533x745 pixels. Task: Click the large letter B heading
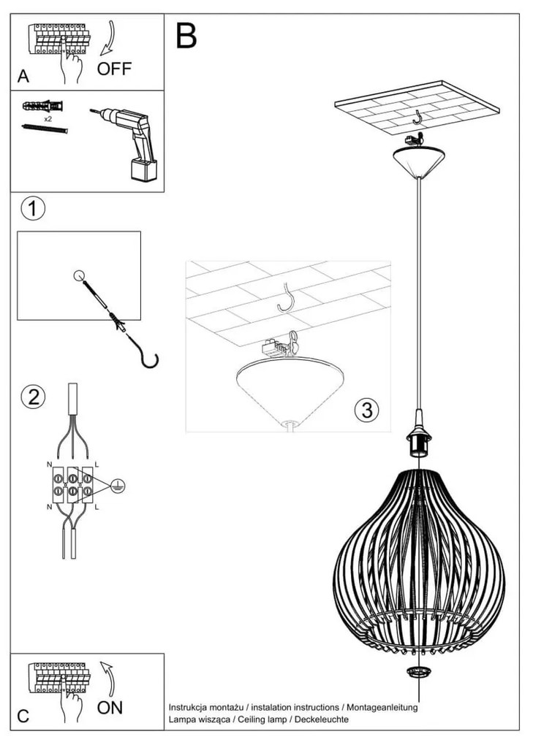coord(186,36)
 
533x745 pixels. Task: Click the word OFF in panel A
coord(115,69)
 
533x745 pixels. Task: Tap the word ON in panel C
coord(110,707)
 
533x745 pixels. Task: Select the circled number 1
coord(32,209)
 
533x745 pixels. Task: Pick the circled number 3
coord(366,410)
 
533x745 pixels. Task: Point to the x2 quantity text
coord(48,118)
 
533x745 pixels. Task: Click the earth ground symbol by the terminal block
coord(117,484)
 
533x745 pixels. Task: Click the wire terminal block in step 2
coord(72,484)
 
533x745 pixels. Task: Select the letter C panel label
coord(23,716)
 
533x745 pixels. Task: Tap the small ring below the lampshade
coord(417,672)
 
